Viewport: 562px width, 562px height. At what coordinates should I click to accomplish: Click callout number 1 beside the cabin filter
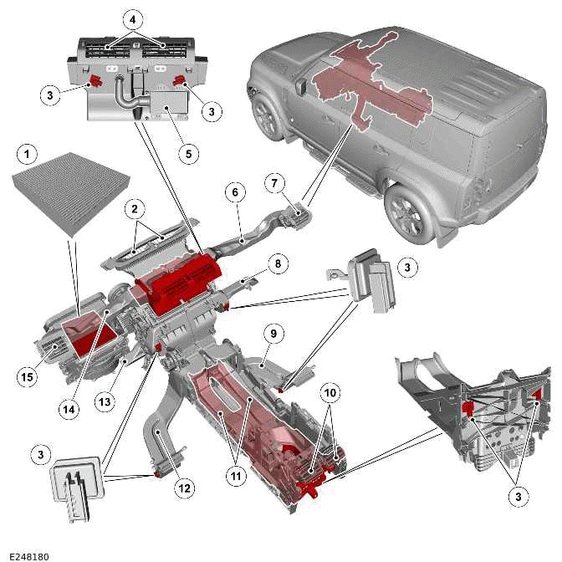[28, 155]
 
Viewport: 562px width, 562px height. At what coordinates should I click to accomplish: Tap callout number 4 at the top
[132, 18]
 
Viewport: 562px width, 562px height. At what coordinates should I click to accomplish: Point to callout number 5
[189, 154]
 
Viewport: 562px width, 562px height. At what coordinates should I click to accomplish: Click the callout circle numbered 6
[236, 193]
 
